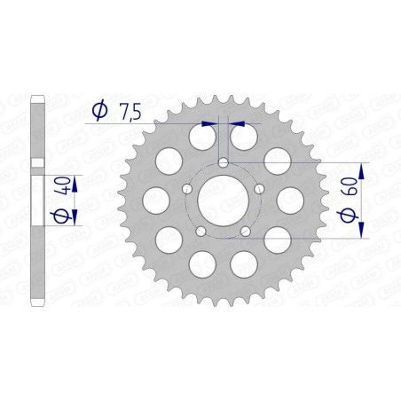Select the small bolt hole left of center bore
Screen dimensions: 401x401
tap(187, 189)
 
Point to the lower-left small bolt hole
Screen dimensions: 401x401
tap(200, 231)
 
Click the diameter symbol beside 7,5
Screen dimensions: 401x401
tap(100, 111)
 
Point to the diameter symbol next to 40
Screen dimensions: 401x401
tap(59, 218)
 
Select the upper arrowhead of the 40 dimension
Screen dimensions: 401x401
tap(75, 181)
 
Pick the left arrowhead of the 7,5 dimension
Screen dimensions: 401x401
tap(209, 125)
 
